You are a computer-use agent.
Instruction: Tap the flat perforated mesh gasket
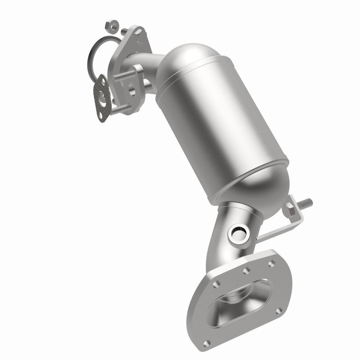pyautogui.click(x=103, y=97)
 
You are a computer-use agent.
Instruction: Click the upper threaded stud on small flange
pyautogui.click(x=121, y=76)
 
